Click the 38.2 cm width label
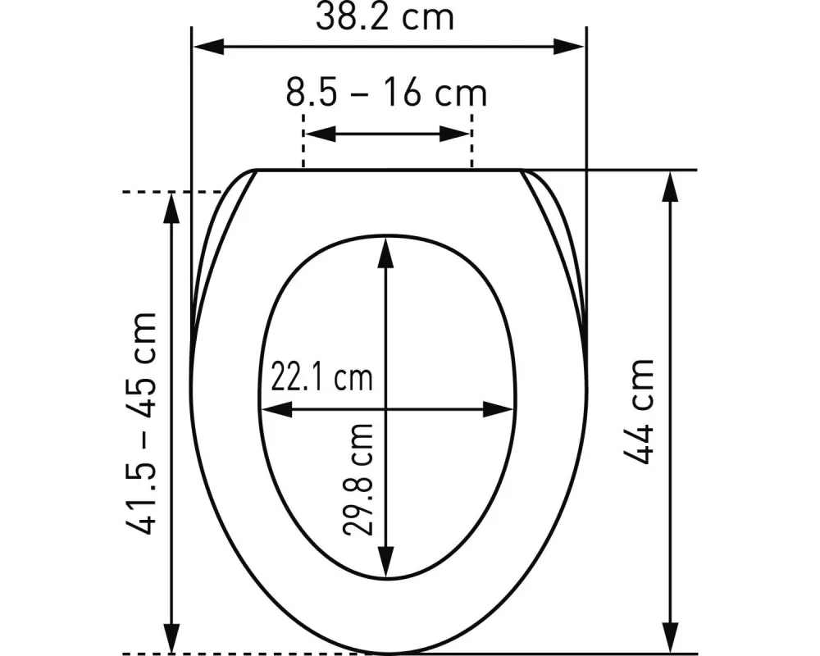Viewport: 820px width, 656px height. (385, 17)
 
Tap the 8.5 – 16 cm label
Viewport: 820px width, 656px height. (386, 93)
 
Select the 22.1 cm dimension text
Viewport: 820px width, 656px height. (321, 378)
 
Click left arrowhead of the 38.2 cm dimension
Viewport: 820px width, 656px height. (207, 46)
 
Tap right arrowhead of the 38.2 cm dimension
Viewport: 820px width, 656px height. (570, 46)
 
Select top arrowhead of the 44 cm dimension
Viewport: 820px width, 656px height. (672, 186)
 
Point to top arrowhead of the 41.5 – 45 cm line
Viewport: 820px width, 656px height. (172, 208)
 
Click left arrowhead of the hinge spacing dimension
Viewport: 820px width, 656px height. (320, 134)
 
